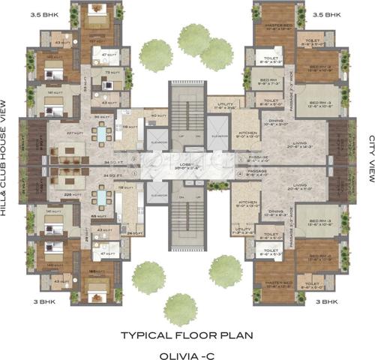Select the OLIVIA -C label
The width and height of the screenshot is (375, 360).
(187, 350)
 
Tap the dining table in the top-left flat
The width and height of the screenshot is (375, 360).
(99, 133)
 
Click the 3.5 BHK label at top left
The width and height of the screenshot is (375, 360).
(21, 13)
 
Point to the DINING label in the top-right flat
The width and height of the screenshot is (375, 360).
(278, 120)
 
